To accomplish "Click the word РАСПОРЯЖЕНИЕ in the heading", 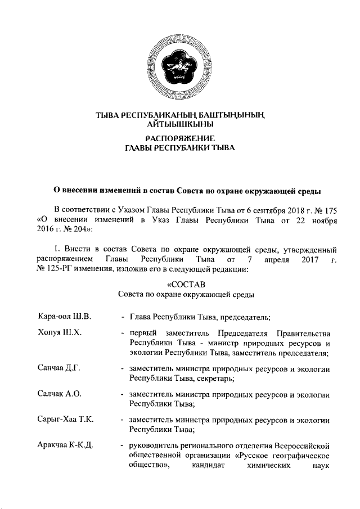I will tap(180, 138).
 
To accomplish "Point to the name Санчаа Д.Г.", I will tap(58, 368).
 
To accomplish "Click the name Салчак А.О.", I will tap(58, 394).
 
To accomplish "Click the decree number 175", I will tap(330, 209).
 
